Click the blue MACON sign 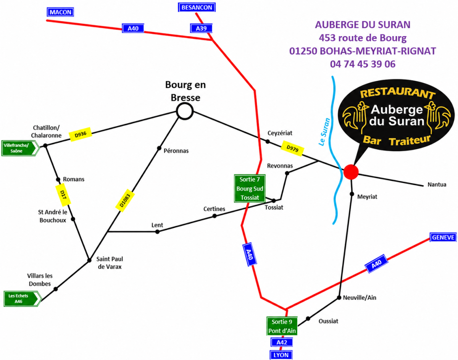point(60,12)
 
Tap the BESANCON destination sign point(197,8)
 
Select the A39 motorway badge point(201,28)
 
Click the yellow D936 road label point(81,134)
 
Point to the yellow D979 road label point(292,149)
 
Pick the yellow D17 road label point(63,195)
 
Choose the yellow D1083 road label point(125,201)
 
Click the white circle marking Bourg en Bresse point(185,111)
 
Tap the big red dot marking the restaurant point(351,172)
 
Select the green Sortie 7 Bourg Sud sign point(250,189)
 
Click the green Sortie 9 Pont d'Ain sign point(282,326)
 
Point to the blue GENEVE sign point(443,237)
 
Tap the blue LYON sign point(281,355)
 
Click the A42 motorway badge point(282,342)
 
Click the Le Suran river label point(324,132)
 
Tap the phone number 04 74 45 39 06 point(363,64)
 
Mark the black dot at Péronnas point(159,149)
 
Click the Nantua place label point(437,185)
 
